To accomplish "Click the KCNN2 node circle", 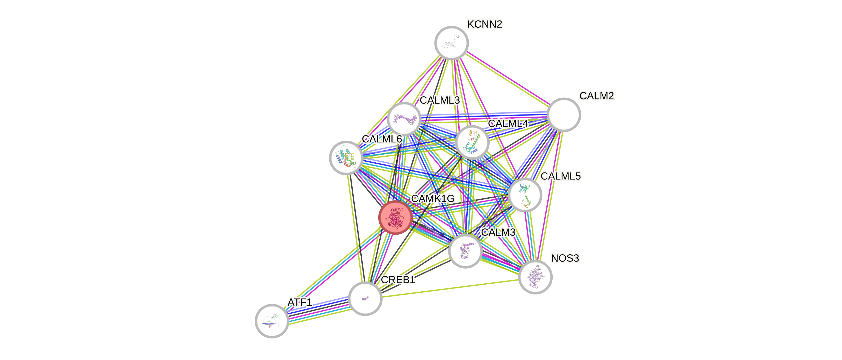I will click(x=451, y=43).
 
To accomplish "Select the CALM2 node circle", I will click(x=564, y=115).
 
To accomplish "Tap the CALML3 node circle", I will click(x=404, y=119).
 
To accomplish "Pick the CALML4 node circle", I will click(x=472, y=142).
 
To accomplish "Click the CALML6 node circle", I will click(x=346, y=158).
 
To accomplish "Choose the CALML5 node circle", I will click(x=525, y=195).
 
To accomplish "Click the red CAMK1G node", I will click(x=395, y=218).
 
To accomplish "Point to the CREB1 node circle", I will click(x=365, y=298).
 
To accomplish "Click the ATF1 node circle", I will click(x=272, y=321).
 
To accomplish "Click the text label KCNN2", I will click(x=484, y=24).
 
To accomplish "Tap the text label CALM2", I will click(x=597, y=96).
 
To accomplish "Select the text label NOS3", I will click(x=565, y=258).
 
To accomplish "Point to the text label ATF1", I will click(x=300, y=302).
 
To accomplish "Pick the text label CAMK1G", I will click(x=432, y=198).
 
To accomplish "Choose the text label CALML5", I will click(x=561, y=176).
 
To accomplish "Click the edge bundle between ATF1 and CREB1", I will click(x=318, y=310).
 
